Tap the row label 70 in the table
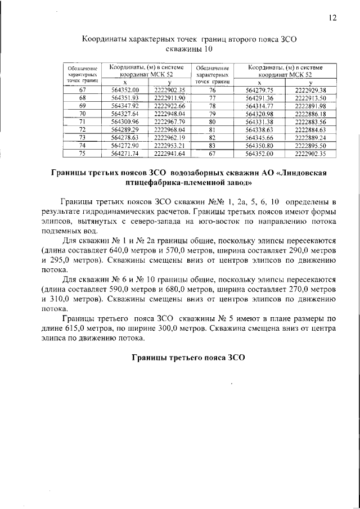[83, 113]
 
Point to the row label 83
[212, 145]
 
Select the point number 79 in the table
[212, 113]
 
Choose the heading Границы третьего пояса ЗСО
[186, 358]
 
